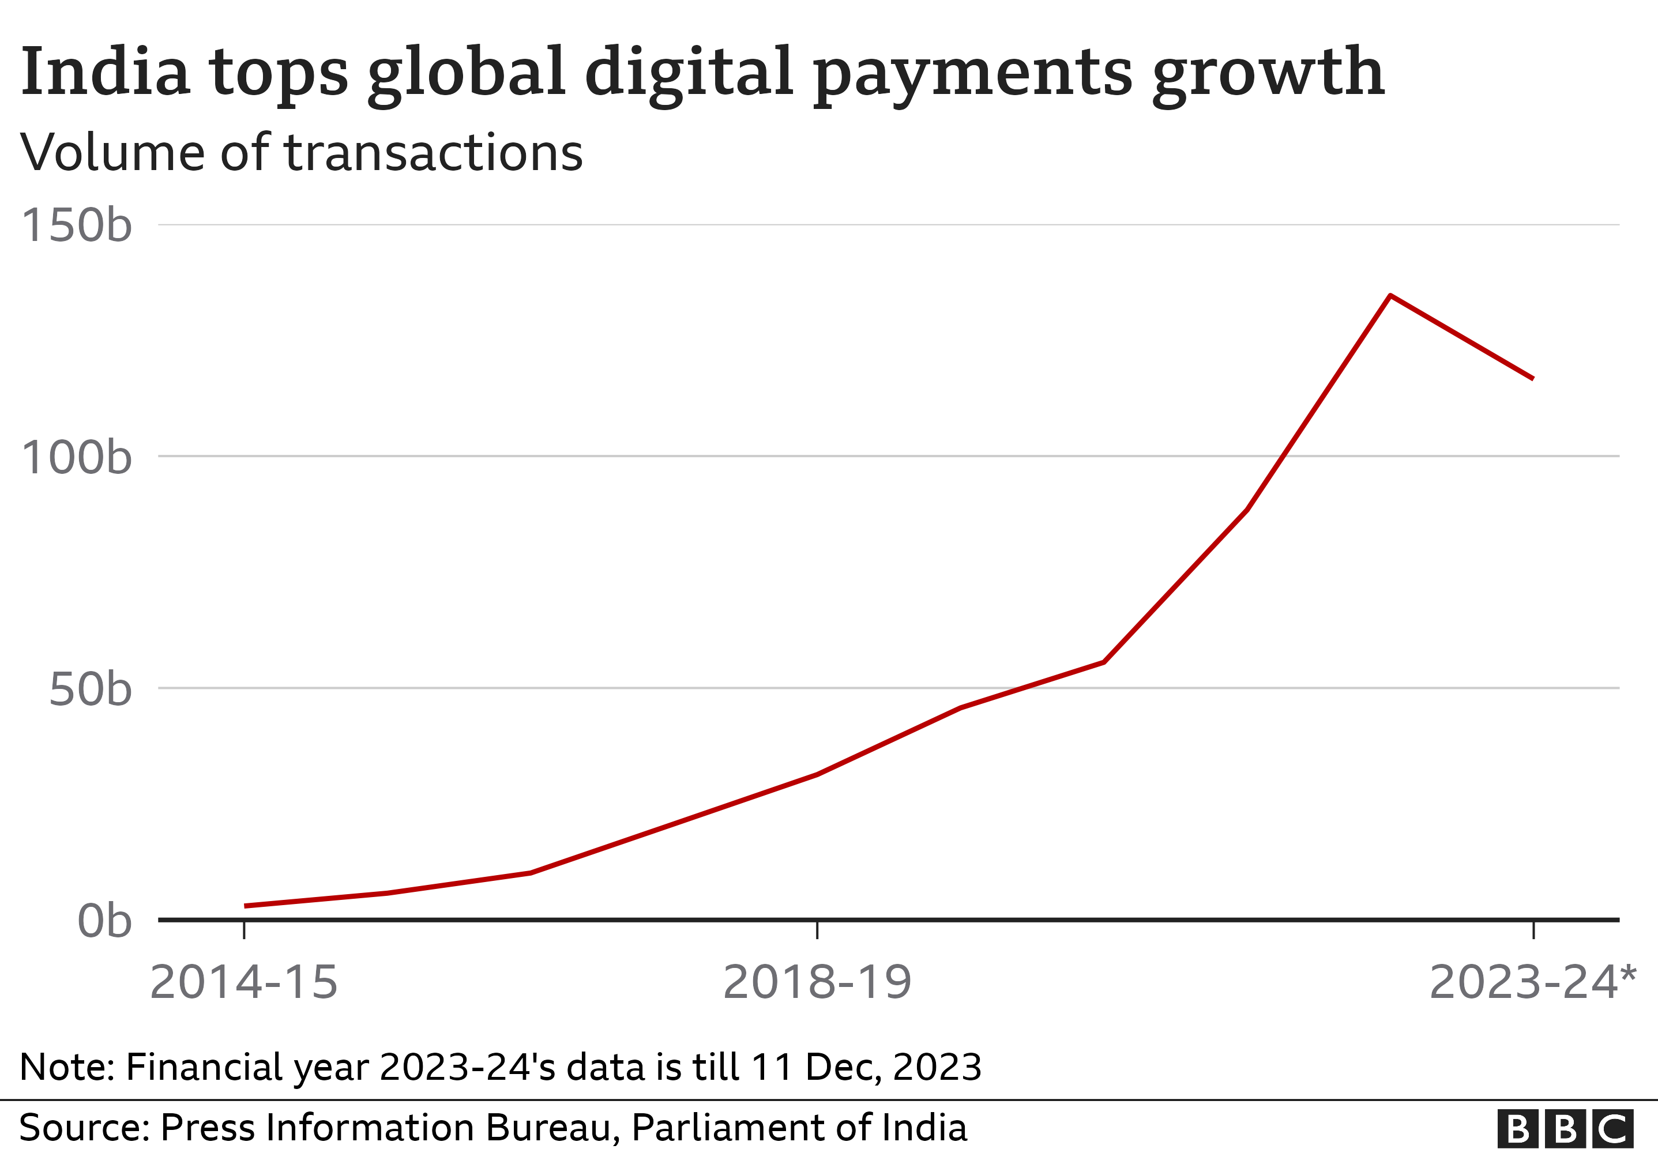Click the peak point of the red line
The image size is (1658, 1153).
pyautogui.click(x=1390, y=295)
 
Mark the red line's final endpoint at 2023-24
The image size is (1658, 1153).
pyautogui.click(x=1533, y=378)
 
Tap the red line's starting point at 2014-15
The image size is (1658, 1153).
pyautogui.click(x=246, y=905)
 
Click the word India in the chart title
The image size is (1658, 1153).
pyautogui.click(x=106, y=71)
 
